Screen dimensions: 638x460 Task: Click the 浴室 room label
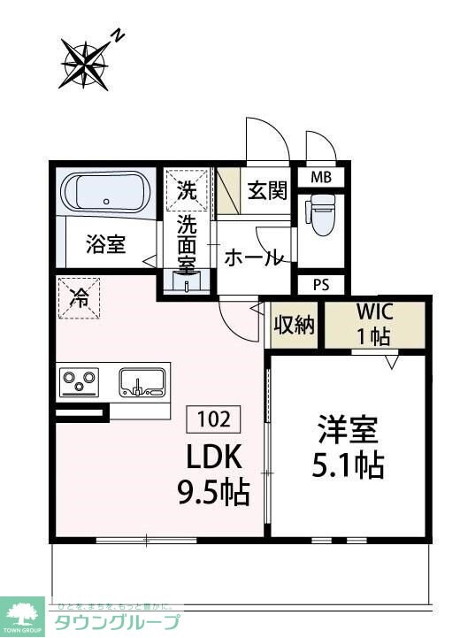coord(105,245)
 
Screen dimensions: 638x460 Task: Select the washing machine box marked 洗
coord(186,188)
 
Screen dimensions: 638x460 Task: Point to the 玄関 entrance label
coord(266,189)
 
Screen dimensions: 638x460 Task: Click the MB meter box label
coord(320,178)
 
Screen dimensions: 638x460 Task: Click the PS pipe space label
coord(321,285)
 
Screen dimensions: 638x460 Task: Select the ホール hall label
coord(254,258)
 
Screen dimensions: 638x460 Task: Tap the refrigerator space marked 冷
coord(79,298)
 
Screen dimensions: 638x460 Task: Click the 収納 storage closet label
coord(293,326)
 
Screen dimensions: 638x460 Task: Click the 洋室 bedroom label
coord(349,430)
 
